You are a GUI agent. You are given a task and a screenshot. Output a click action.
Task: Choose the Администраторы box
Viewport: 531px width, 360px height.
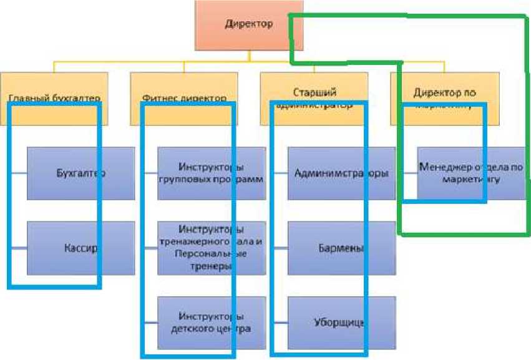(341, 173)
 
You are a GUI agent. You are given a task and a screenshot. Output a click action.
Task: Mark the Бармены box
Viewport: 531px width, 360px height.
(341, 248)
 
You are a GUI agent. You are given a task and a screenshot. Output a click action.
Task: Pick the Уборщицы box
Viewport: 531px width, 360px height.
(341, 323)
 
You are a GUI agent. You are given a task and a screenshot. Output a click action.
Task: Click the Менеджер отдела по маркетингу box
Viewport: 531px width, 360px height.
(469, 173)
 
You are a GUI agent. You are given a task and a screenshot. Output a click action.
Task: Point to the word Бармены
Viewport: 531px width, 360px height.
(338, 248)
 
